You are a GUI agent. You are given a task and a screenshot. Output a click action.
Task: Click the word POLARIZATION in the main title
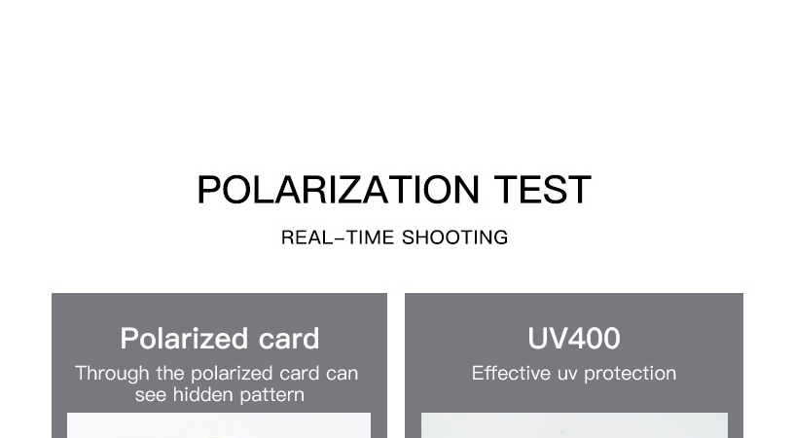(x=338, y=190)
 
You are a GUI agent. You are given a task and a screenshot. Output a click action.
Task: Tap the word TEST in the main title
(x=542, y=190)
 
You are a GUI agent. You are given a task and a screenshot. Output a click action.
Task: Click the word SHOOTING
(x=454, y=237)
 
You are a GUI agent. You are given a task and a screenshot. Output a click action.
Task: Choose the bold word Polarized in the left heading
(x=184, y=339)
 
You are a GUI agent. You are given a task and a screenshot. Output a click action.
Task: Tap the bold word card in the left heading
(x=289, y=339)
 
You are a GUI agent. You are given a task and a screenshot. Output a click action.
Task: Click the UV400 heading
(x=574, y=339)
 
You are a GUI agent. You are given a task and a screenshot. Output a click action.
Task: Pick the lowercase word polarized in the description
(x=233, y=374)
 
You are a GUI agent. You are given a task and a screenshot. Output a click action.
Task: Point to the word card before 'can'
(x=300, y=373)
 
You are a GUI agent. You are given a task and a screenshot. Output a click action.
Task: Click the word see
(x=151, y=395)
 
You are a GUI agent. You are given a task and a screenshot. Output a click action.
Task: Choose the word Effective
(x=511, y=373)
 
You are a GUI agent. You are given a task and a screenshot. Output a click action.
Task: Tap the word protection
(x=630, y=374)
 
